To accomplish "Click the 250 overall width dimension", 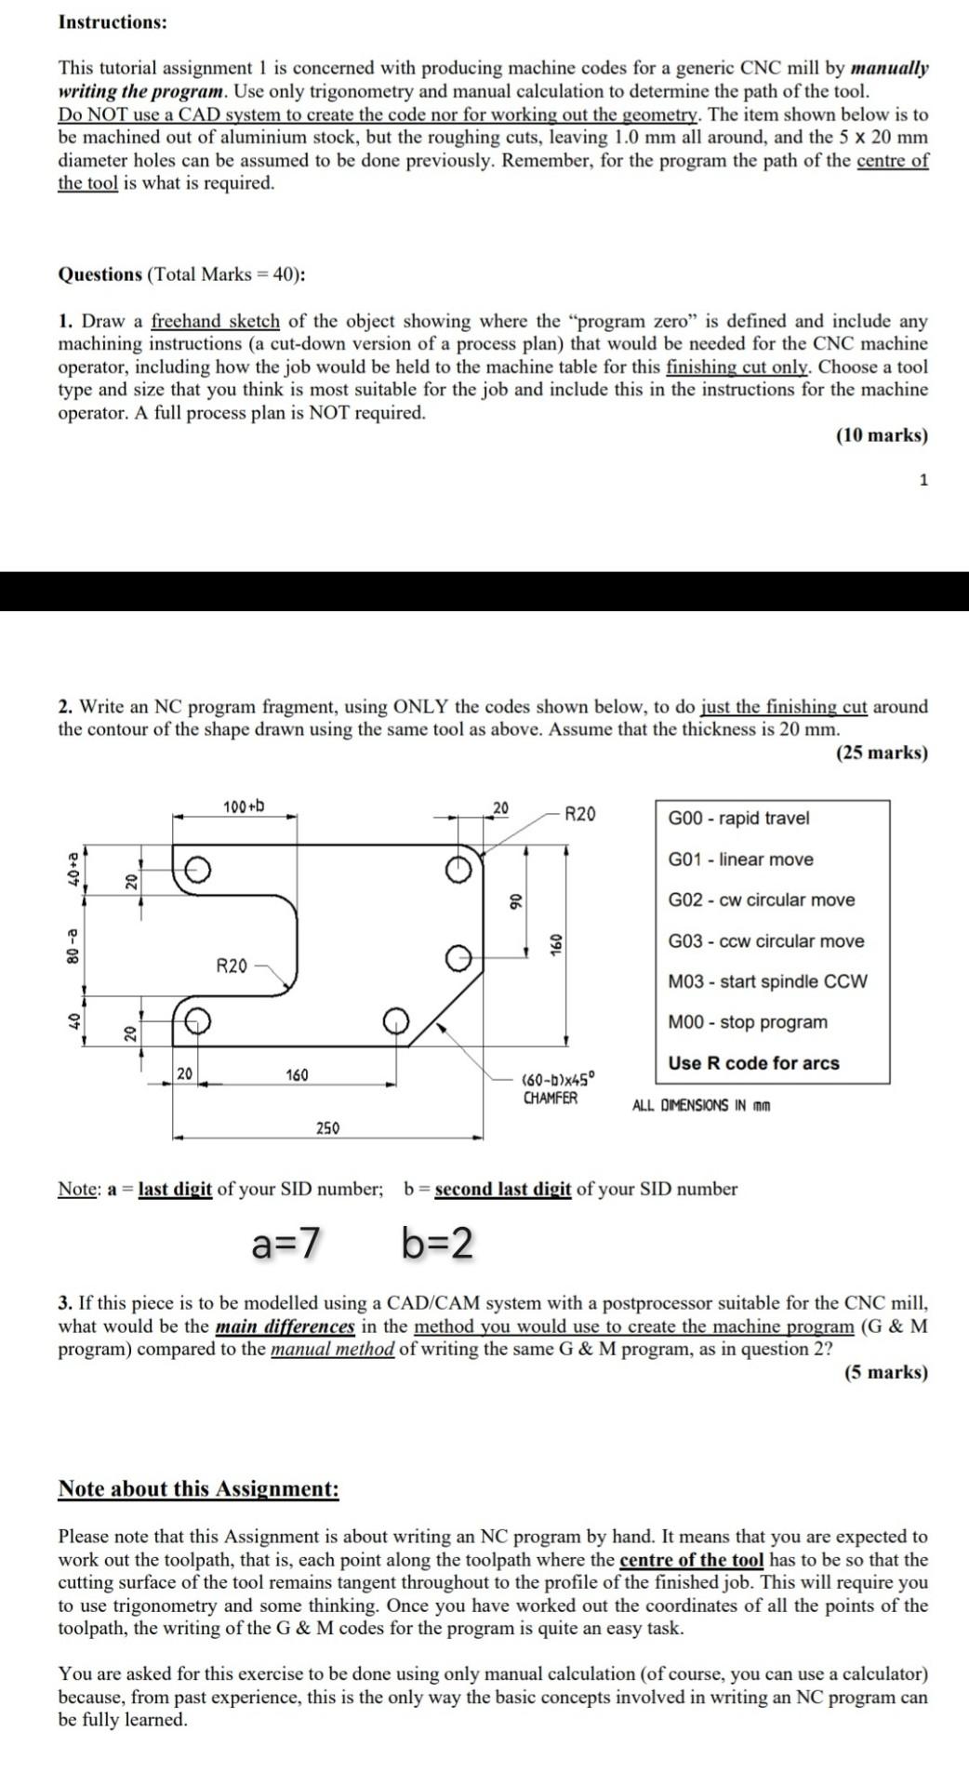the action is (327, 1128).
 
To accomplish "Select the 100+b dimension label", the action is (244, 805).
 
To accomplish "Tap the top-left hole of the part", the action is (196, 869).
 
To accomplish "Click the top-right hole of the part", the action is (457, 869).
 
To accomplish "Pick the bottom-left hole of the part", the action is (196, 1021).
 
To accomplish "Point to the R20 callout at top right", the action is (580, 815).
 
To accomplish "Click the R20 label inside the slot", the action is (232, 966).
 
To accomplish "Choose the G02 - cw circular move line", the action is (761, 900).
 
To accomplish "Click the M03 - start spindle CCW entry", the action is (767, 981).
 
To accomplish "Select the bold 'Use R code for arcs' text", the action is (753, 1063).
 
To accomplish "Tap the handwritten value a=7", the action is (286, 1242).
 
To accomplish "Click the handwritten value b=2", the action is (437, 1242).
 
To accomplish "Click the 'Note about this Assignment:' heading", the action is (198, 1489).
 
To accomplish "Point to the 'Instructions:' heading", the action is (113, 22).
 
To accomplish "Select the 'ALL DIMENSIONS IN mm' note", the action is (701, 1105).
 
